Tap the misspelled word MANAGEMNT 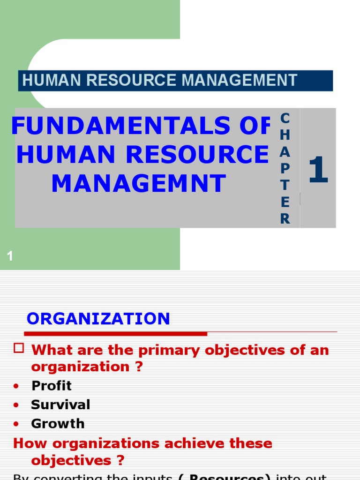point(139,184)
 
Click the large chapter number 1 point(318,171)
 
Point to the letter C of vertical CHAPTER point(285,118)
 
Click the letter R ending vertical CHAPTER point(285,219)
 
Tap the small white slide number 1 point(10,256)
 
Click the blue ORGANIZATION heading point(98,319)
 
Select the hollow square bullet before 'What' point(19,348)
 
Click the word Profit point(52,386)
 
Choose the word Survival point(60,405)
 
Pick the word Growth point(58,424)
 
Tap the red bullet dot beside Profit point(17,386)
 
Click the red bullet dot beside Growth point(17,424)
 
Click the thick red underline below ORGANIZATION point(115,334)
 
